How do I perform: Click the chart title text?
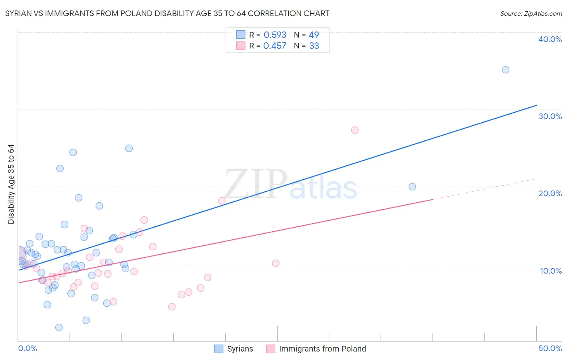167,13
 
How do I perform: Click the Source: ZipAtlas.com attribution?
531,13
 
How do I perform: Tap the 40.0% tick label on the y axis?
550,39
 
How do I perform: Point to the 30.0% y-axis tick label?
550,116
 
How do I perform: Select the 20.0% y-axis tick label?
550,193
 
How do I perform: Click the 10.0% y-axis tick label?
551,271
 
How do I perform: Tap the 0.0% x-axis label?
27,348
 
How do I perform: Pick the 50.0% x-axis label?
550,348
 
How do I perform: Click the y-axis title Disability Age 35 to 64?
11,184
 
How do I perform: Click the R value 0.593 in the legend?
275,35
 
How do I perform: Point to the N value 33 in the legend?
314,46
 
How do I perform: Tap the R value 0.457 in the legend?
275,46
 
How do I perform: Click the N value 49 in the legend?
314,35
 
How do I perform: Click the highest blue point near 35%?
505,69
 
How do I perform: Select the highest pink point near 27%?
355,130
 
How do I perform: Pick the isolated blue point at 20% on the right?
412,186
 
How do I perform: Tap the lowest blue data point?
59,327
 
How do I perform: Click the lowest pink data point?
172,307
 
